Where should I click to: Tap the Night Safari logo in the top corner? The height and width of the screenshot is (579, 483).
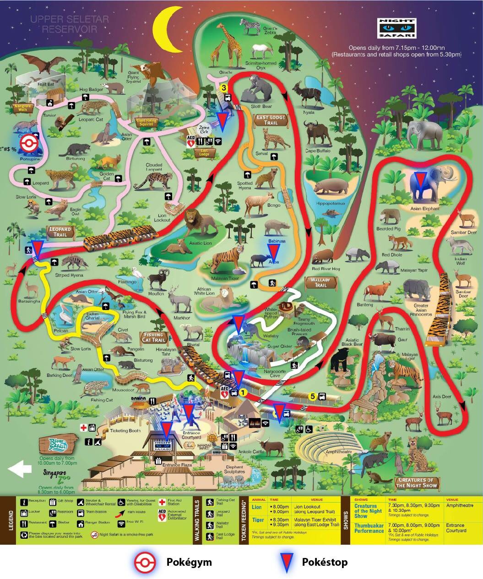point(397,28)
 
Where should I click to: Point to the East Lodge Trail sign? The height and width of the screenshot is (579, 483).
point(271,120)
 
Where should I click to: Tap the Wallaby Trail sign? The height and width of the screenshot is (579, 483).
point(320,282)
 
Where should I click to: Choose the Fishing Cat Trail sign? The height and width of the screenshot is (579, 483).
point(153,338)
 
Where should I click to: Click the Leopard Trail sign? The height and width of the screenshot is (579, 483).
point(60,231)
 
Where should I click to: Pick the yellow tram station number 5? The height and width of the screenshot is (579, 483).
point(313,397)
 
